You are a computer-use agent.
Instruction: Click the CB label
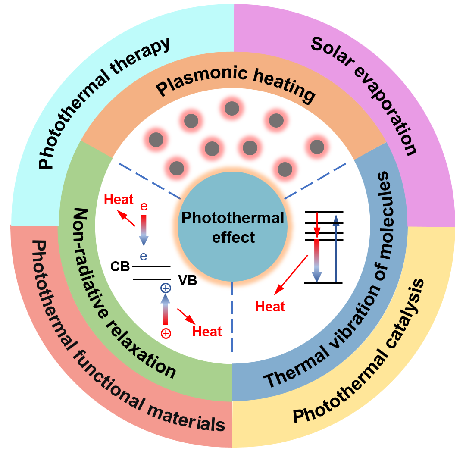[x=120, y=266]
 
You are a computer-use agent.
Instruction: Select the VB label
[x=188, y=281]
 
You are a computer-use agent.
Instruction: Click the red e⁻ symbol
[x=145, y=207]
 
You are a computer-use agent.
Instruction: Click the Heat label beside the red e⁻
[x=119, y=199]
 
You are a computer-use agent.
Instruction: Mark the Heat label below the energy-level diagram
[x=270, y=307]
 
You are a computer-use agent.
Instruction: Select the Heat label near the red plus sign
[x=207, y=332]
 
